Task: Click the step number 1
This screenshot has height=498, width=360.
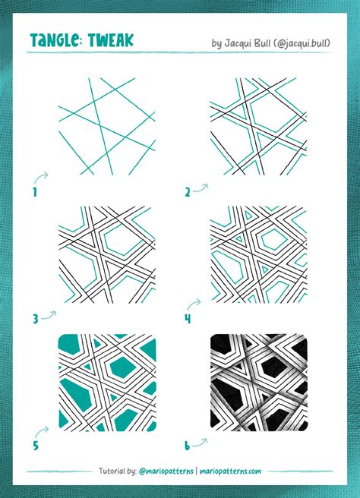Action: [x=35, y=193]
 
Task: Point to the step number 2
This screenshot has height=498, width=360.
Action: [x=187, y=193]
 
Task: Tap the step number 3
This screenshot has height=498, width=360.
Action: [x=35, y=320]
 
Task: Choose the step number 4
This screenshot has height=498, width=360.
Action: [x=187, y=320]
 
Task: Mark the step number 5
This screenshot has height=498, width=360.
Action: [x=35, y=446]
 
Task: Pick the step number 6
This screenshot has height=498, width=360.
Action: [x=187, y=446]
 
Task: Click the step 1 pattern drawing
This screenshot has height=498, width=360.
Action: [x=107, y=126]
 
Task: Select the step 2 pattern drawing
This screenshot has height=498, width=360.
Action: [x=258, y=126]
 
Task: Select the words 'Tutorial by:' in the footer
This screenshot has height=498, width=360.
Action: [x=118, y=471]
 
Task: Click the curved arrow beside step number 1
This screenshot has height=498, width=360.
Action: [x=43, y=177]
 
